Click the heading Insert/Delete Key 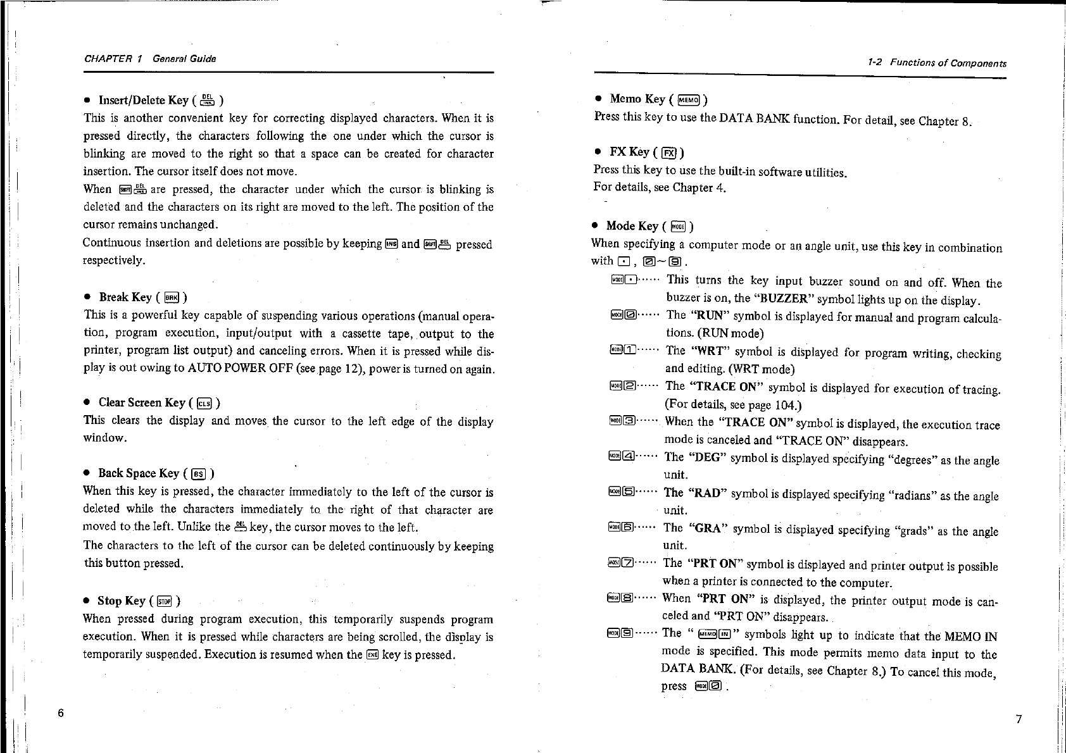144,100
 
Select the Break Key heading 125,297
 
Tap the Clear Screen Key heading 142,402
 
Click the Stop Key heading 122,601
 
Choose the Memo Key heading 637,99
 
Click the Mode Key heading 632,226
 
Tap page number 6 61,713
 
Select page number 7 1019,719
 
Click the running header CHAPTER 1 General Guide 149,59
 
